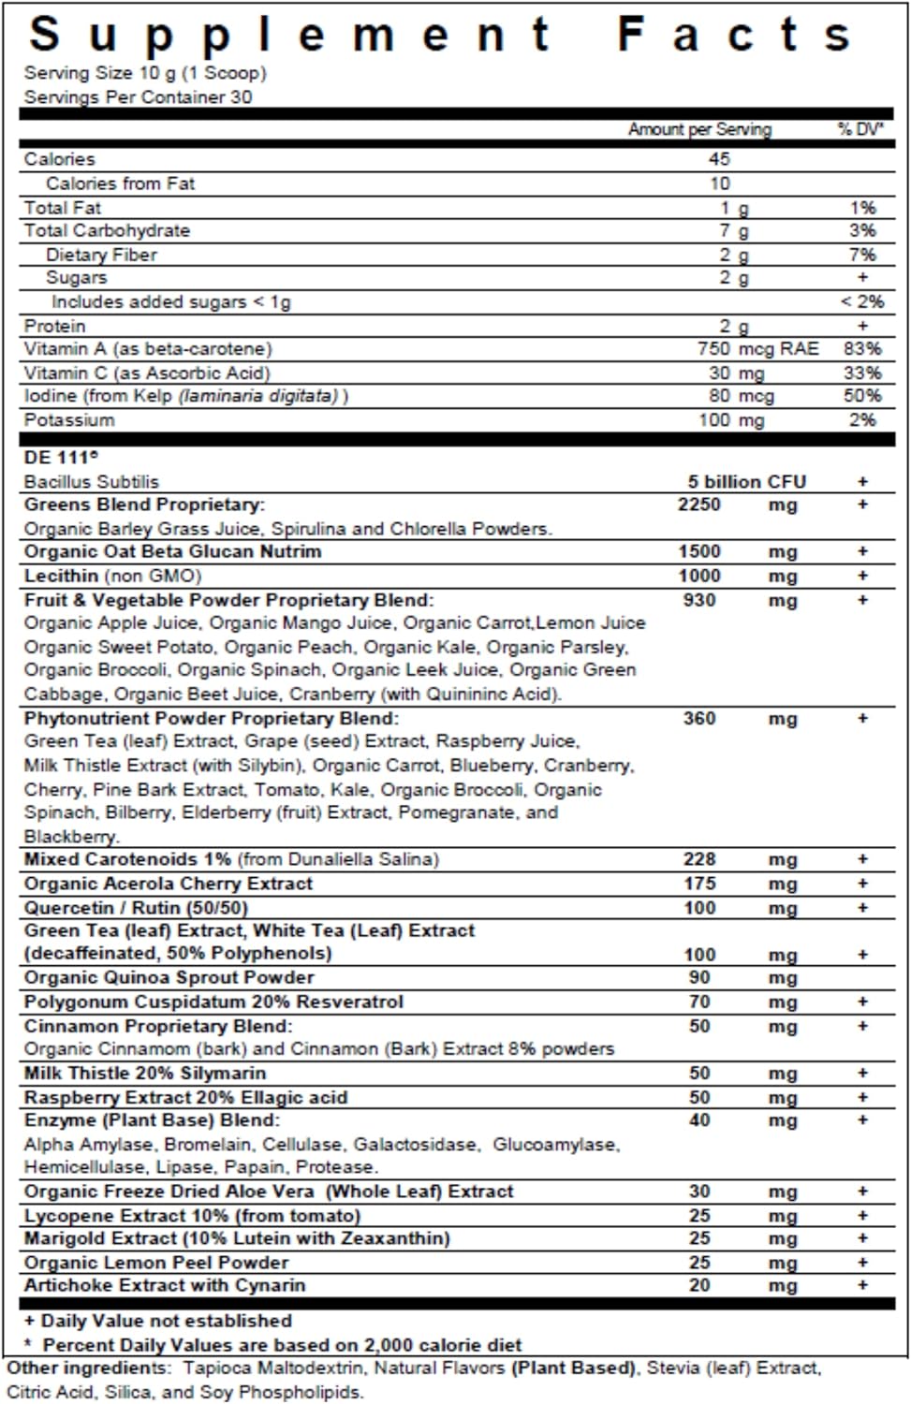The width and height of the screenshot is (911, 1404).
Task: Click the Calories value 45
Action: click(719, 159)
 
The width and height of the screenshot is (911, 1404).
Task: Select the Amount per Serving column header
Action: click(699, 129)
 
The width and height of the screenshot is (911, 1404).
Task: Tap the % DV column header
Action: click(860, 129)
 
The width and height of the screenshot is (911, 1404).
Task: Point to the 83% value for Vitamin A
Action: click(861, 348)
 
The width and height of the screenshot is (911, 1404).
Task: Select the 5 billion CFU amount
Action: click(746, 481)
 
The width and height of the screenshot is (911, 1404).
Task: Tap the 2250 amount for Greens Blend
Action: click(699, 505)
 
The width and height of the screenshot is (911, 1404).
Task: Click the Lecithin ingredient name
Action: click(61, 576)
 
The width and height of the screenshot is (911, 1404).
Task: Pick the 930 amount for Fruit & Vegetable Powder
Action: click(699, 600)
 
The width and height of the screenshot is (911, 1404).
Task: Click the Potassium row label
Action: click(69, 419)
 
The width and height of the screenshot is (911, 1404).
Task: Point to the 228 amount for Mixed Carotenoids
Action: click(699, 858)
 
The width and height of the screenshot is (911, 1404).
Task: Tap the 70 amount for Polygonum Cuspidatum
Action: click(699, 1002)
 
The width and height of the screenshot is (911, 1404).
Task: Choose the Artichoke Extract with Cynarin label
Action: click(165, 1285)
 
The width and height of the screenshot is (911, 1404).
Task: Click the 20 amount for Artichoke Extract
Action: click(699, 1285)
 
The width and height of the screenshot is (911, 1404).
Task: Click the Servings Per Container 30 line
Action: click(138, 96)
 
